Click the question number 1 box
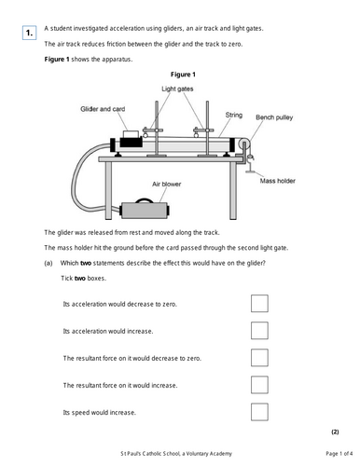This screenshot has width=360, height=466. click(29, 33)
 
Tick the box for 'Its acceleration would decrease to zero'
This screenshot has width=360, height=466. click(259, 303)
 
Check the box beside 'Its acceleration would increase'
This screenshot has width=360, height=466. click(259, 330)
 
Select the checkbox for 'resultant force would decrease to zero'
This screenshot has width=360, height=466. click(259, 358)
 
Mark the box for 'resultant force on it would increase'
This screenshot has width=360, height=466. click(259, 385)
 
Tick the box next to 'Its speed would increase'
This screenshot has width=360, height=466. click(259, 412)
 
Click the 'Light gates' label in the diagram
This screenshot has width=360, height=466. click(177, 89)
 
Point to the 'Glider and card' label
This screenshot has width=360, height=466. click(103, 109)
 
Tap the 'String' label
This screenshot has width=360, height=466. click(234, 116)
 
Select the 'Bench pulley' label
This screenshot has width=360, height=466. click(274, 117)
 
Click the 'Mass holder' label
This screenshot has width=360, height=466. click(278, 181)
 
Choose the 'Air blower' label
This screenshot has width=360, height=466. click(166, 184)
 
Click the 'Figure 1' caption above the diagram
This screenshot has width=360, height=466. click(183, 75)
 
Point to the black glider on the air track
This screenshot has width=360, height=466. click(131, 143)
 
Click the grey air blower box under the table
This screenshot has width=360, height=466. click(145, 211)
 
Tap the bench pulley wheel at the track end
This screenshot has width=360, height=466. click(243, 144)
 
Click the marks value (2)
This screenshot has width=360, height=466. click(335, 432)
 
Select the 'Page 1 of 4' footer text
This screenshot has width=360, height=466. click(339, 454)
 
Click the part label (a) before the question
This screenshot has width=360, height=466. click(48, 263)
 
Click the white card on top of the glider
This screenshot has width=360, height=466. click(131, 134)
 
